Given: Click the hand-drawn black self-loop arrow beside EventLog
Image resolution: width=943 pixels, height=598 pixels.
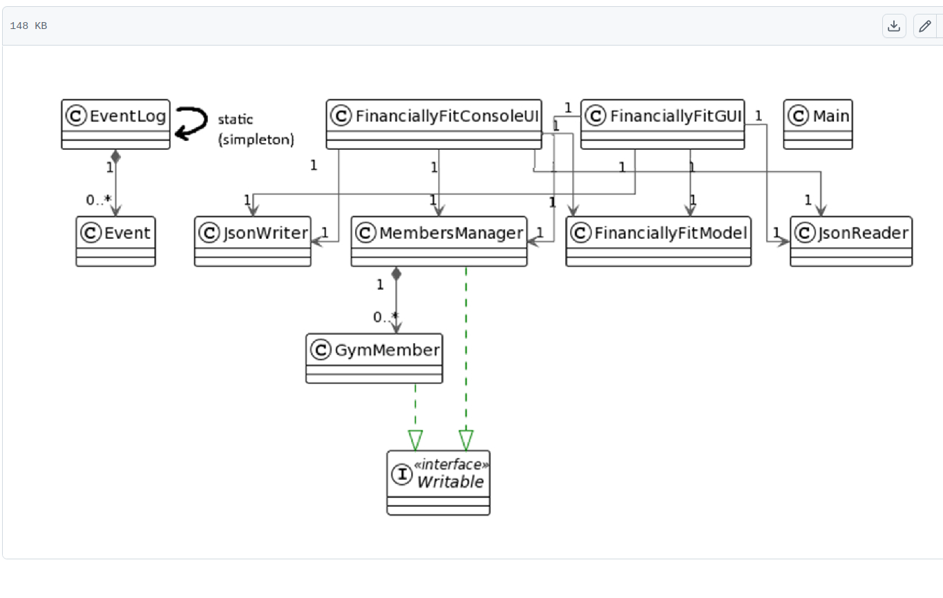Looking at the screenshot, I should click(191, 123).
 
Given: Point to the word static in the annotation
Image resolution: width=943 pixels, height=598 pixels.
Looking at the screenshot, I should click(235, 119).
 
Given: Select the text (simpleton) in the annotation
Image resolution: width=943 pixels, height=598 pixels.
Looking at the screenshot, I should click(256, 139).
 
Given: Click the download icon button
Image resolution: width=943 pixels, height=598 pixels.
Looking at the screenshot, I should click(894, 26).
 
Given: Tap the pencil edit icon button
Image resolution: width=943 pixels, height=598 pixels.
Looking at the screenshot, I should click(925, 26).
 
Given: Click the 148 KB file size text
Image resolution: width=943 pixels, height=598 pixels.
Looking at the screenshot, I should click(28, 26).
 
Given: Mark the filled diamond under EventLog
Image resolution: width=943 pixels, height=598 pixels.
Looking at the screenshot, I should click(115, 157).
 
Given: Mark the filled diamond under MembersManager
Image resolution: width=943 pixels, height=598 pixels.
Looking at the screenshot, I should click(396, 273).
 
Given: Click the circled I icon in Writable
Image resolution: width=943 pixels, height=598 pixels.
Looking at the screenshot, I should click(401, 474).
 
